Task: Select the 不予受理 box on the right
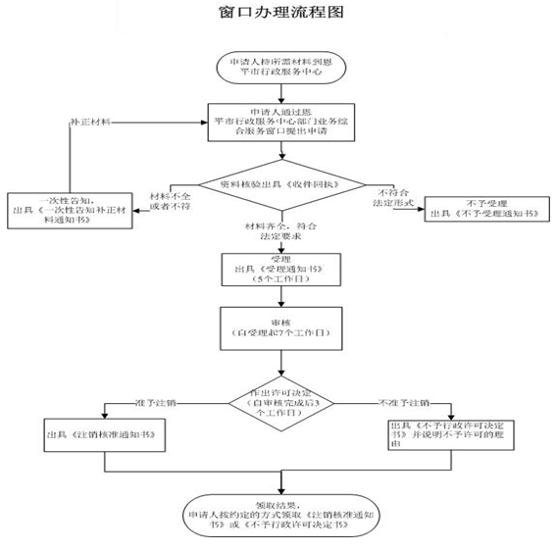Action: coord(478,209)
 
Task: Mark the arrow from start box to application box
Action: coord(280,90)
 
